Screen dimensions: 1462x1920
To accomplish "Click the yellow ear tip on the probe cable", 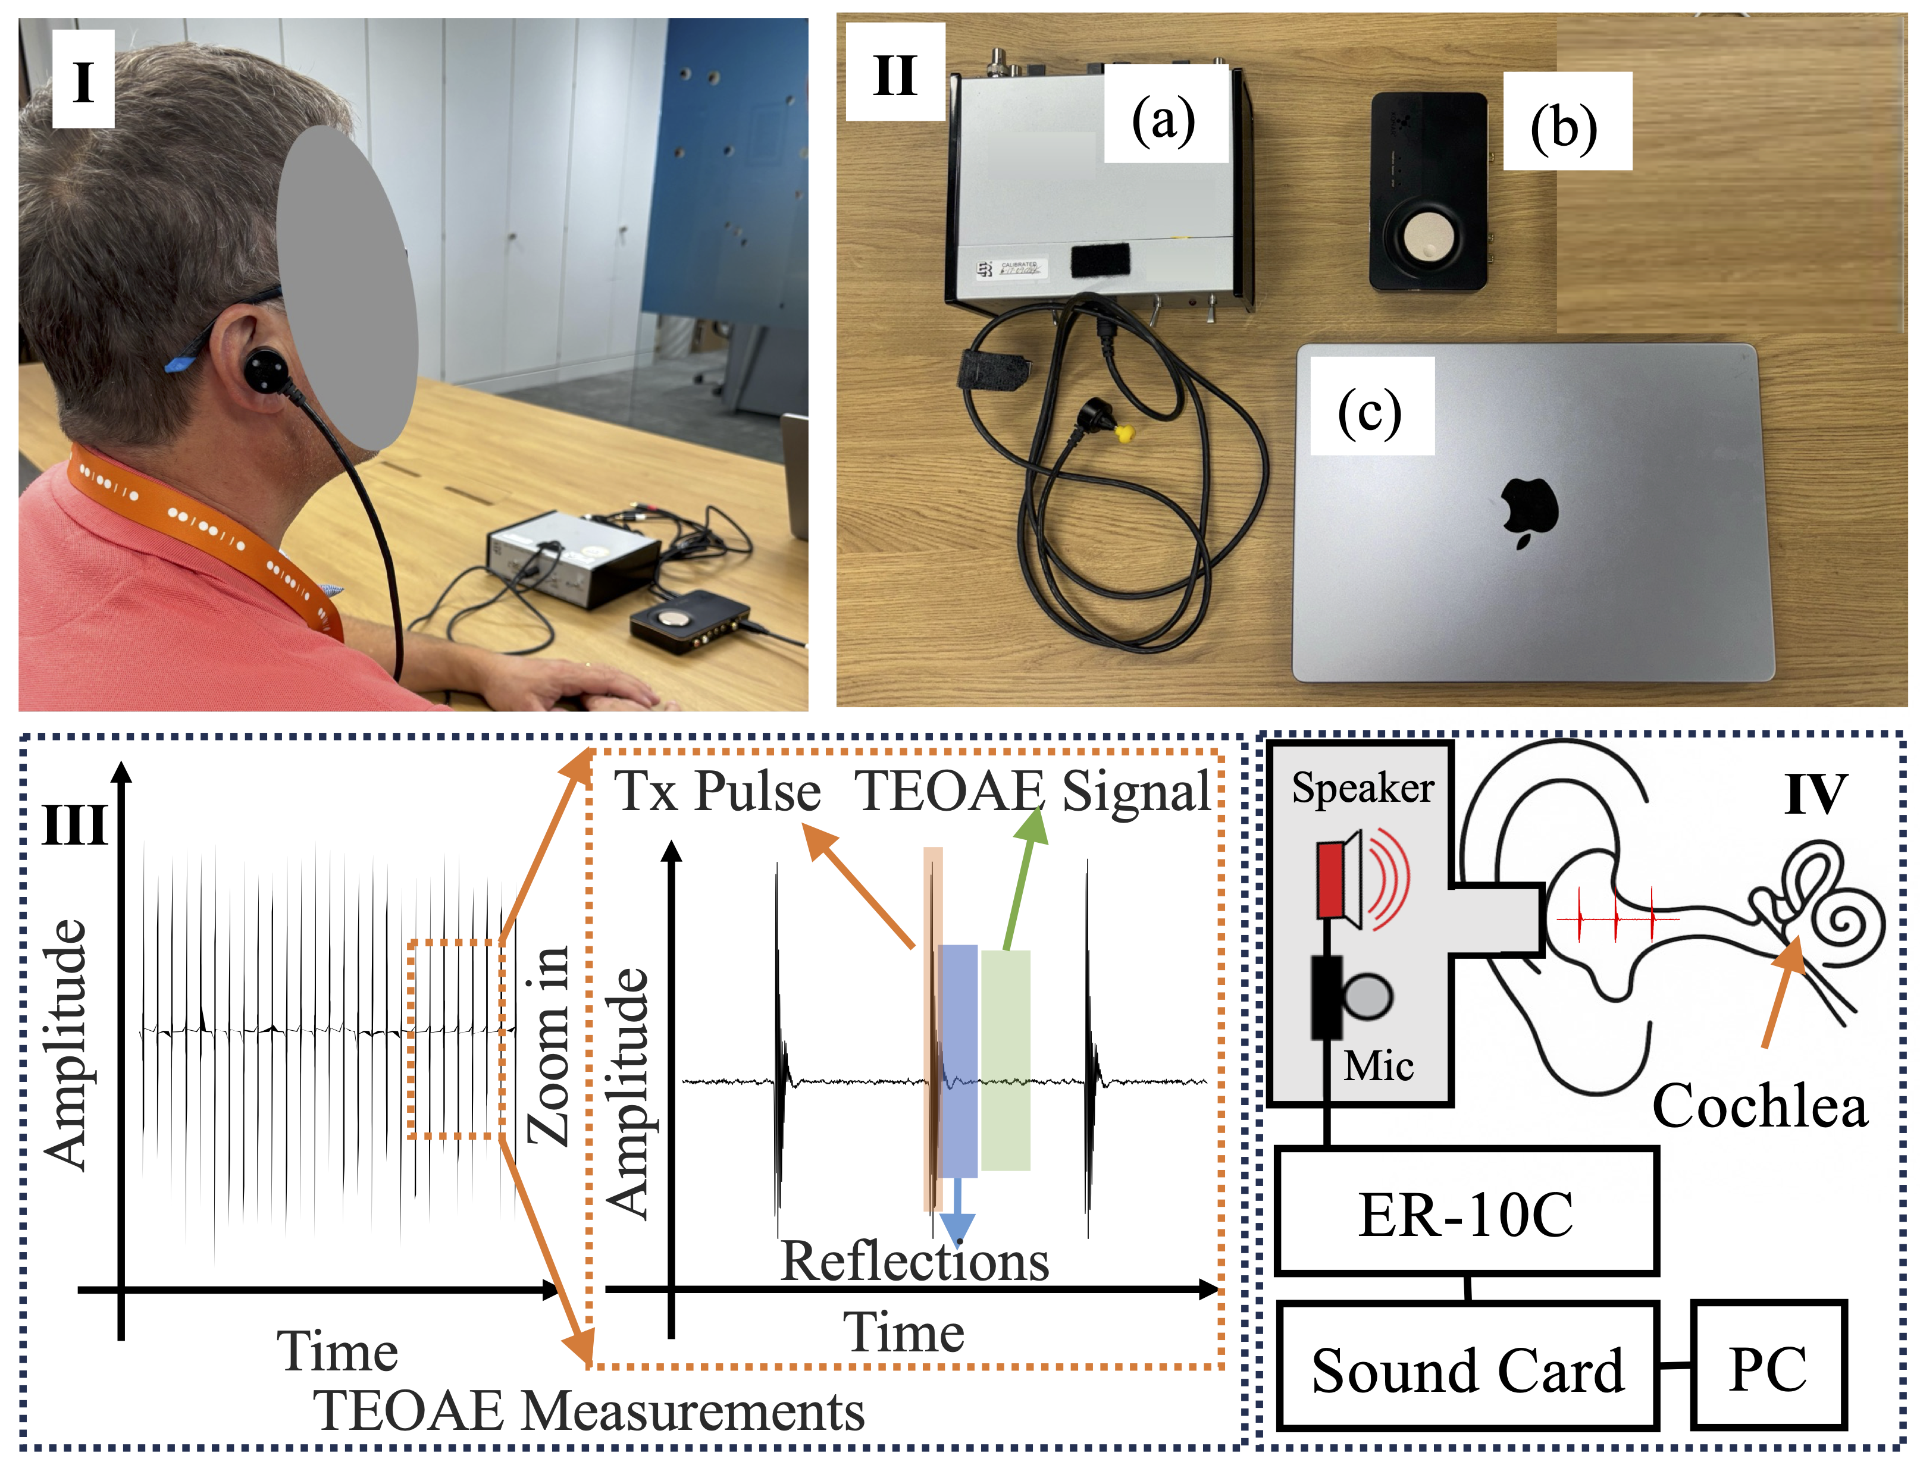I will tap(1125, 432).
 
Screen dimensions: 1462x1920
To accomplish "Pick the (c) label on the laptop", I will tap(1370, 412).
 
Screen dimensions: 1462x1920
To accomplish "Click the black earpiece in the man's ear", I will tap(265, 371).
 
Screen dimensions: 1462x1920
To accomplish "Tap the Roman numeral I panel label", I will tap(83, 82).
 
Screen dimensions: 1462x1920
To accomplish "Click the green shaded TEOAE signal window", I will tap(1006, 1060).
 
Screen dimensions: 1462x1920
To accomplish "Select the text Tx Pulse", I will tap(719, 792).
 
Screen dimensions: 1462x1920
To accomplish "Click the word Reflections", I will tap(914, 1261).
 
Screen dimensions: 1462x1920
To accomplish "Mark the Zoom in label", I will tap(549, 1044).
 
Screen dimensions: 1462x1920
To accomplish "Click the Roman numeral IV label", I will tap(1815, 793).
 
